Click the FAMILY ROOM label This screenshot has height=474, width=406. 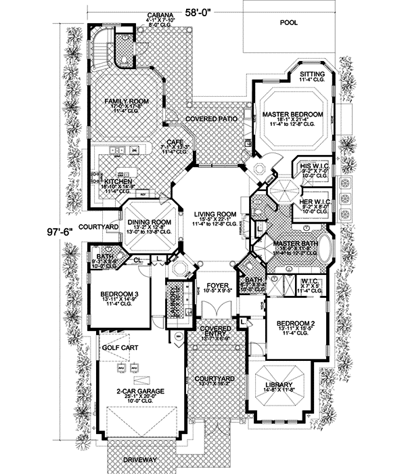tap(126, 102)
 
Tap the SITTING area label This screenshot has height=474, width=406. tap(312, 74)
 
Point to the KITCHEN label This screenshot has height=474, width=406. tap(117, 181)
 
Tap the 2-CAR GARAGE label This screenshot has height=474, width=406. tap(135, 391)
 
